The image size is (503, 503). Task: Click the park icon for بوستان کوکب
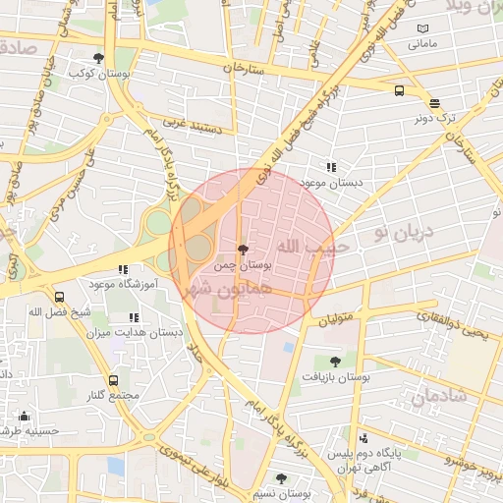pyautogui.click(x=98, y=58)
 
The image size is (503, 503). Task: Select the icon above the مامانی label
pyautogui.click(x=422, y=29)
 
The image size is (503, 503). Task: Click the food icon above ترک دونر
pyautogui.click(x=434, y=103)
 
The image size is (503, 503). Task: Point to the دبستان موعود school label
pyautogui.click(x=331, y=183)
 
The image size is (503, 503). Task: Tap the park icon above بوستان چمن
pyautogui.click(x=243, y=250)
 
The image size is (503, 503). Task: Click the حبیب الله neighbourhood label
pyautogui.click(x=306, y=246)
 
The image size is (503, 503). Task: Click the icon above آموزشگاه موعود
pyautogui.click(x=123, y=269)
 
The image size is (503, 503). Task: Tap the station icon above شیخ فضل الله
pyautogui.click(x=60, y=297)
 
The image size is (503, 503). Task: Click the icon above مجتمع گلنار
pyautogui.click(x=113, y=380)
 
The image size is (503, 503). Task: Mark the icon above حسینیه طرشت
pyautogui.click(x=24, y=416)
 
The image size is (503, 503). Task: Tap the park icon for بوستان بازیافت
pyautogui.click(x=335, y=362)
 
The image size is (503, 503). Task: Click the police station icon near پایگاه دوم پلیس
pyautogui.click(x=363, y=438)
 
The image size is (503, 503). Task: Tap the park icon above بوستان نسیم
pyautogui.click(x=282, y=478)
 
